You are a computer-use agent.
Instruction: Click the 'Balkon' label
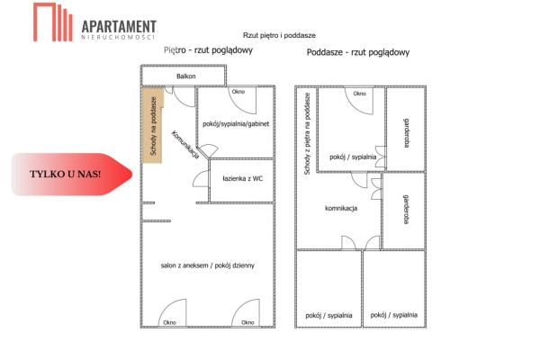pyautogui.click(x=186, y=77)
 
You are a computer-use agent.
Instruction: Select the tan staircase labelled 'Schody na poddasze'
pyautogui.click(x=152, y=127)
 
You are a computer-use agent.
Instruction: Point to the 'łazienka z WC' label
pyautogui.click(x=242, y=178)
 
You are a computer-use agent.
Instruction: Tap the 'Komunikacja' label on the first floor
pyautogui.click(x=184, y=148)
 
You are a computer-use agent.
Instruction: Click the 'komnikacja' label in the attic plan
pyautogui.click(x=341, y=208)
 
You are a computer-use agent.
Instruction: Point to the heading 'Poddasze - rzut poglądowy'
pyautogui.click(x=358, y=52)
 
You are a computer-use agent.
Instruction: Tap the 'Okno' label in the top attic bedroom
pyautogui.click(x=359, y=94)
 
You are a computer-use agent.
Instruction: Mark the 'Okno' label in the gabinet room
pyautogui.click(x=238, y=92)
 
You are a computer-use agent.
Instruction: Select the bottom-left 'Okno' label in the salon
pyautogui.click(x=168, y=322)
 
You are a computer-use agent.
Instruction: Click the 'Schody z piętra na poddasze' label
pyautogui.click(x=307, y=133)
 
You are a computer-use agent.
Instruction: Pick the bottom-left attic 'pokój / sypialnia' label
pyautogui.click(x=328, y=315)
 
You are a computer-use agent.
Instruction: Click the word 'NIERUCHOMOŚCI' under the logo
pyautogui.click(x=118, y=38)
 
